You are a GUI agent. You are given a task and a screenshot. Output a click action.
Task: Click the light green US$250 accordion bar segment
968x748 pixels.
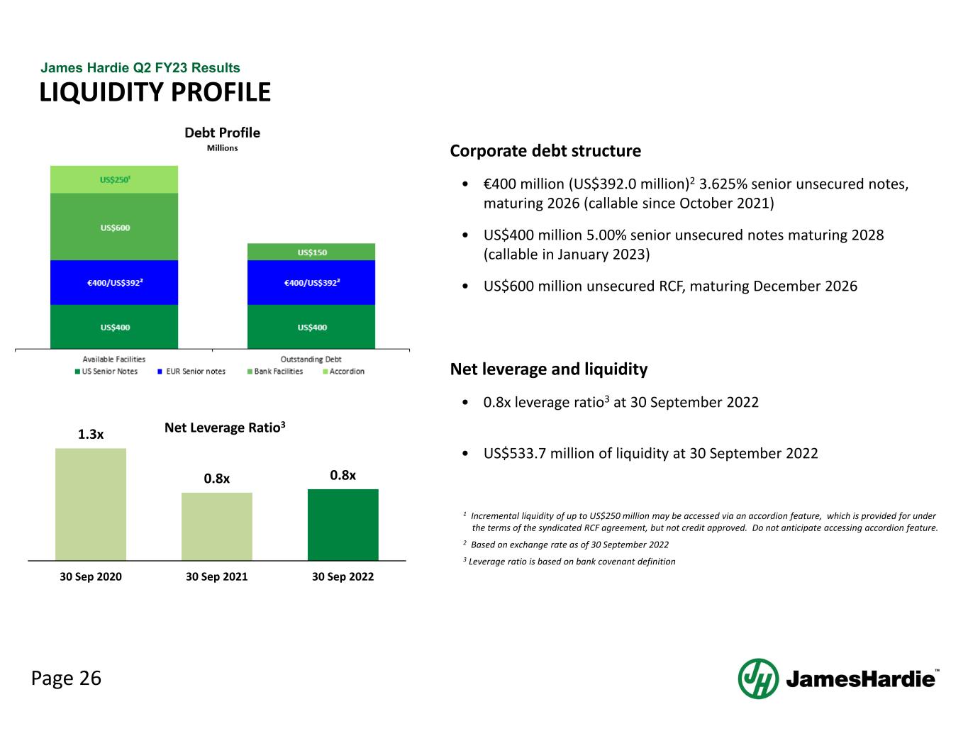point(114,179)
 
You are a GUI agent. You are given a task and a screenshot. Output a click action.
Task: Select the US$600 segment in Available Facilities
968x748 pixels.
point(114,227)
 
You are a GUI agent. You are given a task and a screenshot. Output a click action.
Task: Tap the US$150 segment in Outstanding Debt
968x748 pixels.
point(311,252)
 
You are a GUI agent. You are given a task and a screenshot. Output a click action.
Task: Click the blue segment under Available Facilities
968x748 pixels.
point(114,282)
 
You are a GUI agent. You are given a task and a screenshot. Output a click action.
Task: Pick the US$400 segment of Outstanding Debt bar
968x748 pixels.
point(311,327)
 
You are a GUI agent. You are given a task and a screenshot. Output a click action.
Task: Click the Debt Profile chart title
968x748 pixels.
point(222,133)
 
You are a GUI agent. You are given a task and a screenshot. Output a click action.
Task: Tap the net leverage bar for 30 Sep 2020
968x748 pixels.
point(91,504)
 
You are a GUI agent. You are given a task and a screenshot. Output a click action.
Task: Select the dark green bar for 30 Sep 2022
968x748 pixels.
point(343,525)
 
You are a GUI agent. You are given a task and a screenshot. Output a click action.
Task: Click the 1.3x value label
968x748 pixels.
point(91,435)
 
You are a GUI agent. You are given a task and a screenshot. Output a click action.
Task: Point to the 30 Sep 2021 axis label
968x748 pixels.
point(216,576)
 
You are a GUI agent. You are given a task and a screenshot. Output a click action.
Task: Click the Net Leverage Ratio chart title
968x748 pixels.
point(225,428)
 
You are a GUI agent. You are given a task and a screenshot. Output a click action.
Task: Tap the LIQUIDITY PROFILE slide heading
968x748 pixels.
point(155,92)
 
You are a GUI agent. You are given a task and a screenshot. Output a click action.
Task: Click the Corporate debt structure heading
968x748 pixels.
point(545,151)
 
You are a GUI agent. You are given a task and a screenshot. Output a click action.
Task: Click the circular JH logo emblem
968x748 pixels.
point(758,679)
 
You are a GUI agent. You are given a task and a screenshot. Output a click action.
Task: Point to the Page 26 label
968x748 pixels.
point(66,679)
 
